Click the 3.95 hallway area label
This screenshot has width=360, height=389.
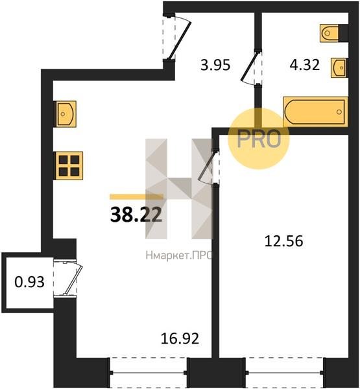point(215,65)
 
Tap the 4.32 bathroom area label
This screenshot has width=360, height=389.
point(305,65)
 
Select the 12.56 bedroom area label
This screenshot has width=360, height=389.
point(283,241)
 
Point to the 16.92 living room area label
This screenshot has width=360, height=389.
point(180,338)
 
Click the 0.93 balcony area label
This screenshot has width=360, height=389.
point(30,282)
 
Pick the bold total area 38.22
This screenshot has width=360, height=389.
point(136,215)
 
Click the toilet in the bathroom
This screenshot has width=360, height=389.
point(330,33)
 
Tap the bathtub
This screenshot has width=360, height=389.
point(315,112)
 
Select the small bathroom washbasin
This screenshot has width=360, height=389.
point(339,67)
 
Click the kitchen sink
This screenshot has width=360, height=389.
point(66,114)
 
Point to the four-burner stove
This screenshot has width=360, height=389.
point(69,165)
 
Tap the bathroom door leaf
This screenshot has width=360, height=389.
point(250,67)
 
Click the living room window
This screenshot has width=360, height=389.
point(149,372)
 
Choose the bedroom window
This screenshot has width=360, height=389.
point(285,372)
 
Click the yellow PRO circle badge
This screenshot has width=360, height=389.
point(259,139)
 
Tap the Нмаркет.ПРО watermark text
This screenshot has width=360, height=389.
point(178,255)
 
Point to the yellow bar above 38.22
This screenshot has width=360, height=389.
point(137,196)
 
